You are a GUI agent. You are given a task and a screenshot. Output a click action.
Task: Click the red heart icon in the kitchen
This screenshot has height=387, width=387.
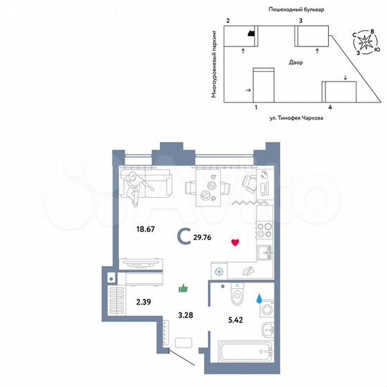click(x=234, y=242)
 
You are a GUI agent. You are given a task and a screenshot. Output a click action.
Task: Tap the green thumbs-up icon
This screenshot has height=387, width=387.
click(x=183, y=288)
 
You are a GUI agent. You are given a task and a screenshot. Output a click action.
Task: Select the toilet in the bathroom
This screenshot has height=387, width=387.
click(x=235, y=296)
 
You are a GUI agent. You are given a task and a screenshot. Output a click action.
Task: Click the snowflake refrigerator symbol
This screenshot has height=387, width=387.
click(x=219, y=271)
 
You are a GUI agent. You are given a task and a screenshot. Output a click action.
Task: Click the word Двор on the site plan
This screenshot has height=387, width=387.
click(x=296, y=63)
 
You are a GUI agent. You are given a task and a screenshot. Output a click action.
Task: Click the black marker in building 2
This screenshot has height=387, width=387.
click(x=249, y=33)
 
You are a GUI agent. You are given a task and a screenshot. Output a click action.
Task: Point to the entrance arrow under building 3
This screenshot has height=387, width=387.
click(x=317, y=51)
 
